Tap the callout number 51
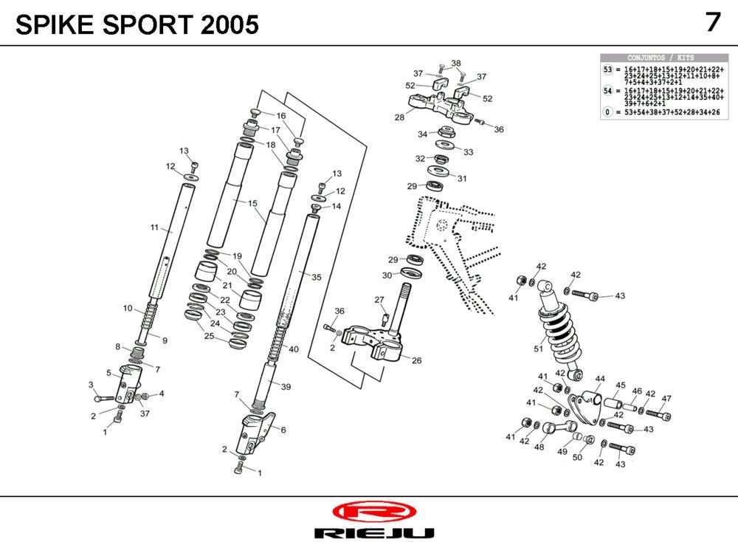[538, 349]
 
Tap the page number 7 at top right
[712, 22]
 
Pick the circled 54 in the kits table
[608, 90]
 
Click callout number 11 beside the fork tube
[155, 228]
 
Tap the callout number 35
[317, 278]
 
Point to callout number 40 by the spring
[293, 349]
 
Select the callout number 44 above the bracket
[599, 379]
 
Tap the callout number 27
[379, 299]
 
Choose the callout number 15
[252, 203]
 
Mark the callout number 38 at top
[455, 63]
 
